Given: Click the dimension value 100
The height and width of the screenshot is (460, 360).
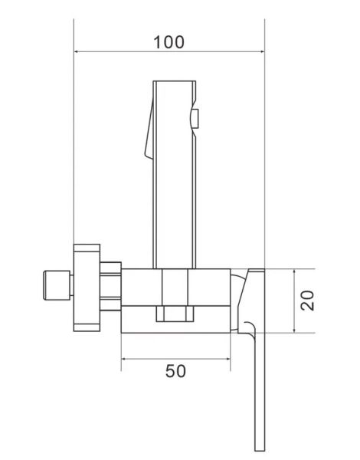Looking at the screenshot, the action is (x=169, y=42).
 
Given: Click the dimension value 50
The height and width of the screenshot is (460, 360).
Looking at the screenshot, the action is (x=175, y=371).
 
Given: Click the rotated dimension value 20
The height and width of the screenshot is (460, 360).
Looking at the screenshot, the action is (x=307, y=301).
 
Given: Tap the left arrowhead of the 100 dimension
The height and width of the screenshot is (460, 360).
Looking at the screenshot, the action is (x=77, y=51).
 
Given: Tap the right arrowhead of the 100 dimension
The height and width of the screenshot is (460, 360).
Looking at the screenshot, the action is (x=262, y=51).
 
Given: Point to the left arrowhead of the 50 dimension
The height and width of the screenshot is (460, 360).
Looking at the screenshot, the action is (x=124, y=359).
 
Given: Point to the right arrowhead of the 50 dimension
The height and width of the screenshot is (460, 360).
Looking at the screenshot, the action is (x=227, y=359).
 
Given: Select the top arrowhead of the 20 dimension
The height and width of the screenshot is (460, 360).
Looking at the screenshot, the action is (x=294, y=271).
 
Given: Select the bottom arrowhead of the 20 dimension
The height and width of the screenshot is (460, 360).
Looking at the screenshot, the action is (x=294, y=330).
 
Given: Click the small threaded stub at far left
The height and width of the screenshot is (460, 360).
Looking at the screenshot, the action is (x=57, y=285).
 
